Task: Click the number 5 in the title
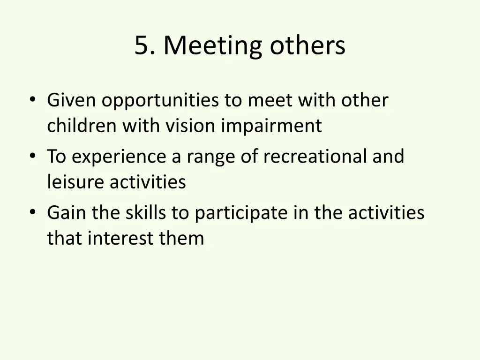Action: [x=141, y=46]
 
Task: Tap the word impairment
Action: [x=271, y=127]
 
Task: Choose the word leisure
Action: [x=76, y=182]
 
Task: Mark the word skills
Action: [x=146, y=213]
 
